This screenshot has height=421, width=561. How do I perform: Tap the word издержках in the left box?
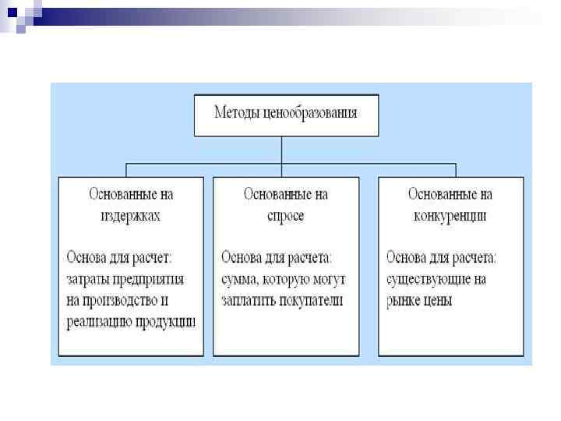tap(130, 216)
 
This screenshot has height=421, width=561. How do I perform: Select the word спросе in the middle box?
tap(285, 216)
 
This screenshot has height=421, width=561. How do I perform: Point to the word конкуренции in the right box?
tap(450, 216)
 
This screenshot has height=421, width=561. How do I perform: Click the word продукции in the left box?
tap(167, 322)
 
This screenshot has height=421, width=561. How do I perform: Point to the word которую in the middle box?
tap(289, 278)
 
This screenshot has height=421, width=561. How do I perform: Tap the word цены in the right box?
tap(439, 300)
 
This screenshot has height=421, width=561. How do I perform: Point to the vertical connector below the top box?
tap(281, 150)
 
